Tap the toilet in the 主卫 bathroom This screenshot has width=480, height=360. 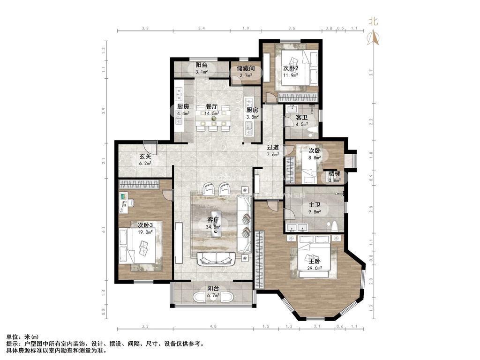(x=335, y=227)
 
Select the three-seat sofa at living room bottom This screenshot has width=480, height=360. (x=216, y=257)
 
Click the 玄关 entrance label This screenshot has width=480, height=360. (x=145, y=157)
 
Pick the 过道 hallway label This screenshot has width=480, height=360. (x=273, y=147)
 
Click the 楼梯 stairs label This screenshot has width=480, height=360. (x=334, y=173)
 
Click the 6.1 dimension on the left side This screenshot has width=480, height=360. (x=104, y=229)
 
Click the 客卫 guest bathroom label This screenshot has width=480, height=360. (x=301, y=117)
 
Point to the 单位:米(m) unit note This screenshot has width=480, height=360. (x=22, y=337)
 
